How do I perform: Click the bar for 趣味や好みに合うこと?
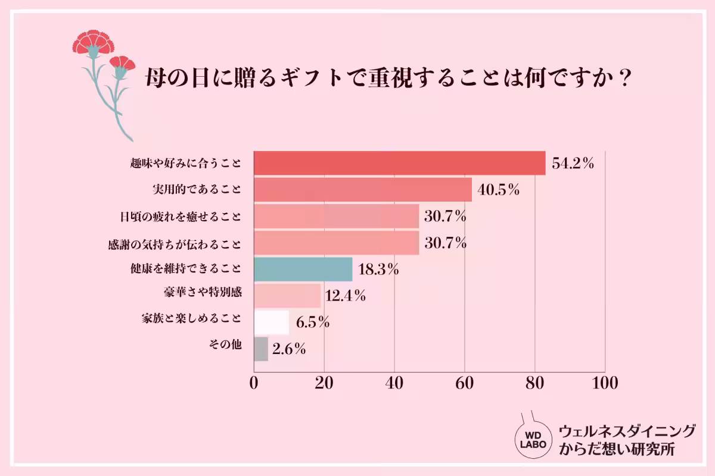400,163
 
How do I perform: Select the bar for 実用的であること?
363,190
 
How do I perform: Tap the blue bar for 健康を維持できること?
303,269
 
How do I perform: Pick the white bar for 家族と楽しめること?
272,322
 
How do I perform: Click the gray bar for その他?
261,349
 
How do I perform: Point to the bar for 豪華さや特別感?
287,295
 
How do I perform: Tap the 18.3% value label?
378,270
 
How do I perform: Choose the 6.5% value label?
313,323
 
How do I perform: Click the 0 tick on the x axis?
254,383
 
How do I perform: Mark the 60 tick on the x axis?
464,383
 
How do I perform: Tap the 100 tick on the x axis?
604,383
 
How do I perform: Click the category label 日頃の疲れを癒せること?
181,217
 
